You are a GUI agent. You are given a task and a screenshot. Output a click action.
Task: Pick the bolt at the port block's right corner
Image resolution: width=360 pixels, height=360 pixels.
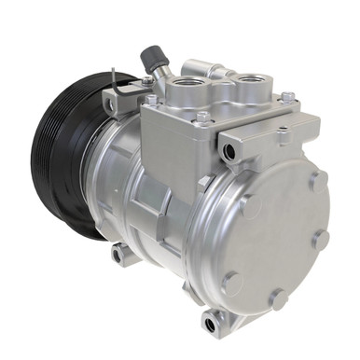(x=287, y=97)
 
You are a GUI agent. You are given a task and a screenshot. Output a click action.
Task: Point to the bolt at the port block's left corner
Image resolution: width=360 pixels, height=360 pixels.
(x=150, y=100)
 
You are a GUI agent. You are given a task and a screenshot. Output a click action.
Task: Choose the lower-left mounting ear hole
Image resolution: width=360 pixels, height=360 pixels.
(x=118, y=254)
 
